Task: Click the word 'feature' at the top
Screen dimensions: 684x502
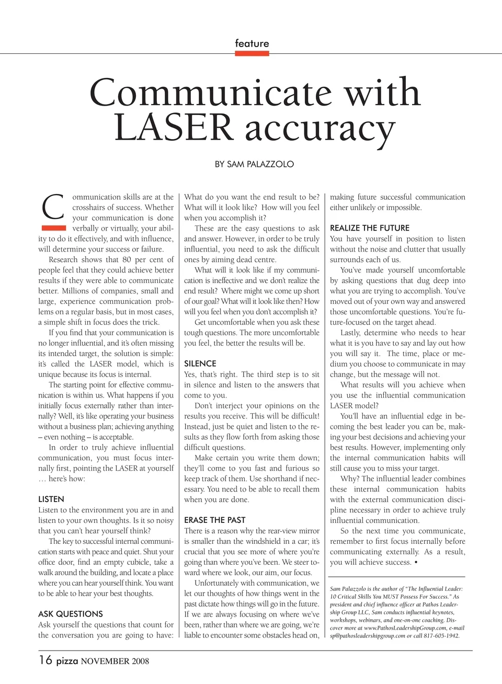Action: point(252,43)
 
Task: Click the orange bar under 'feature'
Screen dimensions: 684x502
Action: point(252,52)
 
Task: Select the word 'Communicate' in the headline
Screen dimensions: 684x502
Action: point(211,93)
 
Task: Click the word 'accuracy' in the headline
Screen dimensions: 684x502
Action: point(320,129)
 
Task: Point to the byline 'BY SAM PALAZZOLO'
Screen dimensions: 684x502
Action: point(254,164)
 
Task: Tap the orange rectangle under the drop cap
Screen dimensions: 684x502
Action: point(53,227)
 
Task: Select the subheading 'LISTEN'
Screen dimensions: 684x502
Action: point(51,499)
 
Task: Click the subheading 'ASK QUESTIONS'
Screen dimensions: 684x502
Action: point(71,614)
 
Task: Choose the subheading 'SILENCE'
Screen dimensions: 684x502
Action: point(200,363)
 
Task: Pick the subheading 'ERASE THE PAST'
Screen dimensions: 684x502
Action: point(215,520)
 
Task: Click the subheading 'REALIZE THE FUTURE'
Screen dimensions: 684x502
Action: point(370,228)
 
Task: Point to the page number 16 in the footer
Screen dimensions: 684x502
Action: point(45,660)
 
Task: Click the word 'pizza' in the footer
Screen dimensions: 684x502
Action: point(67,661)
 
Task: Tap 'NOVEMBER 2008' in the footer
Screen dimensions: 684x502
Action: point(115,662)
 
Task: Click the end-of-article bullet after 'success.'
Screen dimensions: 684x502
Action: point(416,563)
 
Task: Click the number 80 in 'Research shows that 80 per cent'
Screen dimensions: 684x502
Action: point(127,260)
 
